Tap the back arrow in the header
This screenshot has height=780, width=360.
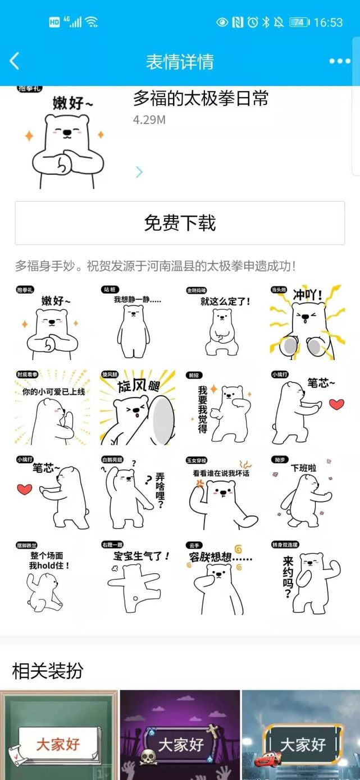point(15,61)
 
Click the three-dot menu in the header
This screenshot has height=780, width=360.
point(339,61)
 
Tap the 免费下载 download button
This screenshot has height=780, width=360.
point(180,223)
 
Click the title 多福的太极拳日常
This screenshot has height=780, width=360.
point(200,99)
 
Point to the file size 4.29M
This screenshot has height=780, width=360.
point(149,120)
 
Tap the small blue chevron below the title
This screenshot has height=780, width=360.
point(139,172)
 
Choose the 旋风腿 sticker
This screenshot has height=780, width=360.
point(137,407)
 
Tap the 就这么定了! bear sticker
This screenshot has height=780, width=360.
point(221,322)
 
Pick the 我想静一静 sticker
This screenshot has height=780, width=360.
point(136,322)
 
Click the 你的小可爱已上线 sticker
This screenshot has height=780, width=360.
point(52,407)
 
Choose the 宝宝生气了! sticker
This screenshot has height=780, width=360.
point(136,578)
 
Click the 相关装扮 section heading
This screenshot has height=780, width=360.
point(48,670)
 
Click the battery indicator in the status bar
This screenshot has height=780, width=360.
point(299,22)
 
